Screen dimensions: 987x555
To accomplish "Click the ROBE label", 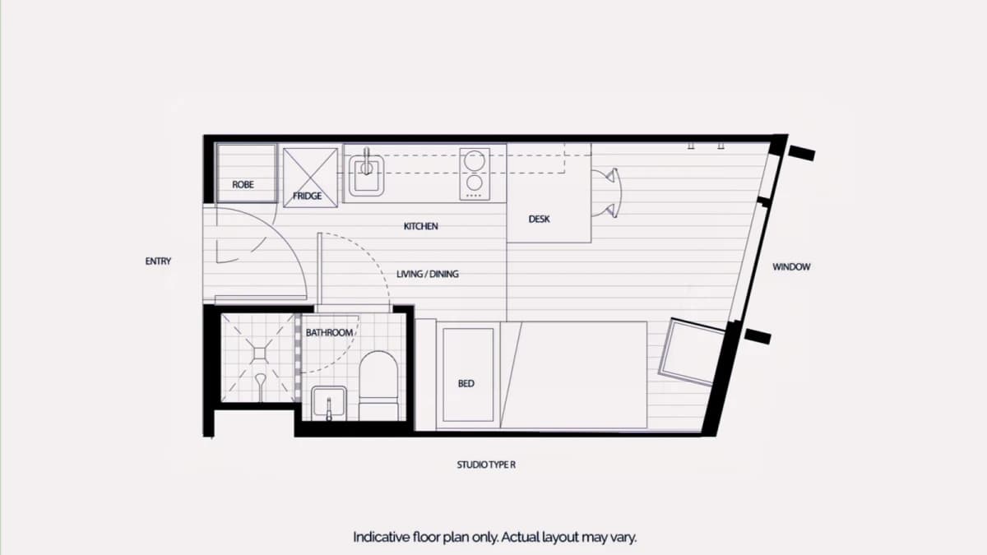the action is click(243, 184).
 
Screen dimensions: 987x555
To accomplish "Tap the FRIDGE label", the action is click(307, 196).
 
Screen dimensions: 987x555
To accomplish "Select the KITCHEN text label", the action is click(421, 226).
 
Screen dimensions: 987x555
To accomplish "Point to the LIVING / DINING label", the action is click(428, 274).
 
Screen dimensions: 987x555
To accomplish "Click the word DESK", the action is click(539, 219).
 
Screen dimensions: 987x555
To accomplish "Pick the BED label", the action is click(466, 384).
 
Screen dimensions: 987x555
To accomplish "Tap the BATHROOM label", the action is click(329, 332).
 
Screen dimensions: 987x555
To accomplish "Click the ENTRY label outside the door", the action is click(158, 261).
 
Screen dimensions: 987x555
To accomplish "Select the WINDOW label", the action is click(791, 267).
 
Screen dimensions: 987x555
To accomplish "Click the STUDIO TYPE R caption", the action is click(486, 465).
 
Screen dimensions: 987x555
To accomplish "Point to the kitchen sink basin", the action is click(367, 176).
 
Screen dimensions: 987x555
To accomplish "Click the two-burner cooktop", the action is click(475, 174).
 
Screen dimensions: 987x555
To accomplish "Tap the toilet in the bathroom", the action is click(378, 386).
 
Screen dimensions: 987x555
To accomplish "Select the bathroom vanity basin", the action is click(329, 404).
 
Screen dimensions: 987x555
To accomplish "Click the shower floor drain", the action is click(260, 354).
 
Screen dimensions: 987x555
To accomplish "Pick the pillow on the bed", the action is click(468, 375).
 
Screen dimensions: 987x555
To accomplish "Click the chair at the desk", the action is click(607, 193).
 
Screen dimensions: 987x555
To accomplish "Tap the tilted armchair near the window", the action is click(692, 352).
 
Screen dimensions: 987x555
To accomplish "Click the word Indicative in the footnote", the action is click(381, 538).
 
